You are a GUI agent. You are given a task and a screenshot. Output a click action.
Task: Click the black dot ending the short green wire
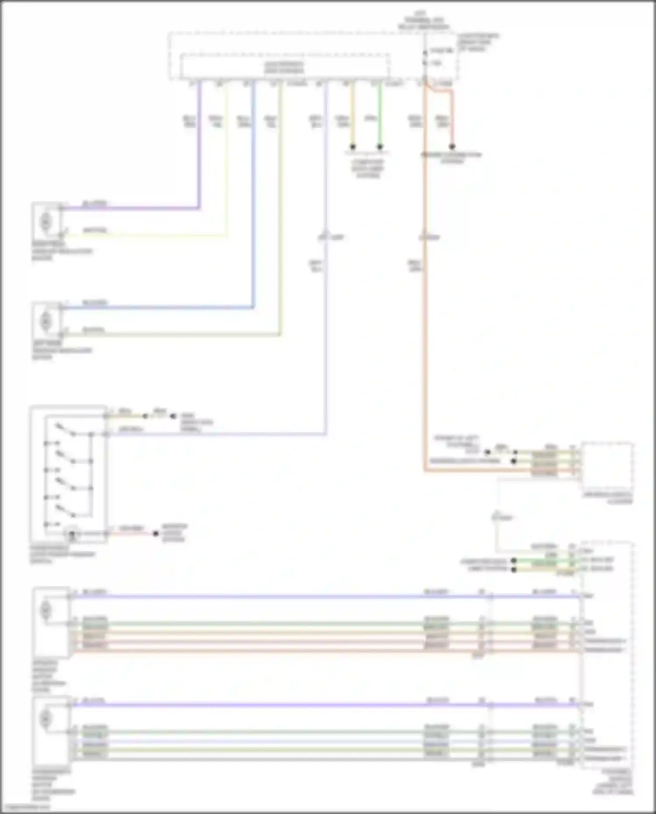380,147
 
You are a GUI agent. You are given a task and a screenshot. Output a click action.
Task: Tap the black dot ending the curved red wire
452,147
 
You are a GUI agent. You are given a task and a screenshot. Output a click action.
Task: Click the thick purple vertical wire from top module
199,144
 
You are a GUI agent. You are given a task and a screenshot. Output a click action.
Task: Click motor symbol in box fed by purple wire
45,222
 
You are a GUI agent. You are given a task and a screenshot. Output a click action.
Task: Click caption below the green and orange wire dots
367,168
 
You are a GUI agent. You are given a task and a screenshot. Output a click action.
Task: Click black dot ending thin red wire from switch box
155,534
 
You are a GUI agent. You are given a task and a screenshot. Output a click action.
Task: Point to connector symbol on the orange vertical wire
424,235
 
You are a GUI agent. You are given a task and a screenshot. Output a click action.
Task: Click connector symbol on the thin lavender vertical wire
326,235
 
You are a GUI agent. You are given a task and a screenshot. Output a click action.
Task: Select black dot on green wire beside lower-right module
514,561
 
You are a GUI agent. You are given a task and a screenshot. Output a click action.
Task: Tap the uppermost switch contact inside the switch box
66,429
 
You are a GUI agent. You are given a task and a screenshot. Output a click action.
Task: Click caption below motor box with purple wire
61,251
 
